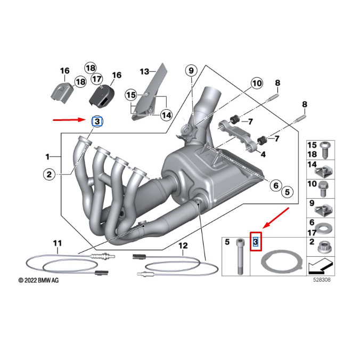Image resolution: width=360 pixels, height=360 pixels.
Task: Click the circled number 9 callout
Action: [191, 70]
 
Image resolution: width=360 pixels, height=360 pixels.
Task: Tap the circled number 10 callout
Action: [257, 83]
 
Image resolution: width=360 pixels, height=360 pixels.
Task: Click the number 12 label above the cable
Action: [183, 246]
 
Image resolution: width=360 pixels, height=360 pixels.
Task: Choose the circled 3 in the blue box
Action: [97, 122]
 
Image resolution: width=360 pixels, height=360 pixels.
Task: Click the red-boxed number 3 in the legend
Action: [256, 243]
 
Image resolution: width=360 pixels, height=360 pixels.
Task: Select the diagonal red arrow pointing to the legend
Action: [277, 217]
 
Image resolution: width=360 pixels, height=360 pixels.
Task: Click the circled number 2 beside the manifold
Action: [48, 174]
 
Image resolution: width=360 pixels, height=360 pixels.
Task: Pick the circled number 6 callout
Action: [275, 185]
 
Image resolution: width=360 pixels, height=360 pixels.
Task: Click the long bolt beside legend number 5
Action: [238, 257]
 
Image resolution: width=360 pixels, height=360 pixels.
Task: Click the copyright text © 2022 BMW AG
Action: [38, 280]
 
